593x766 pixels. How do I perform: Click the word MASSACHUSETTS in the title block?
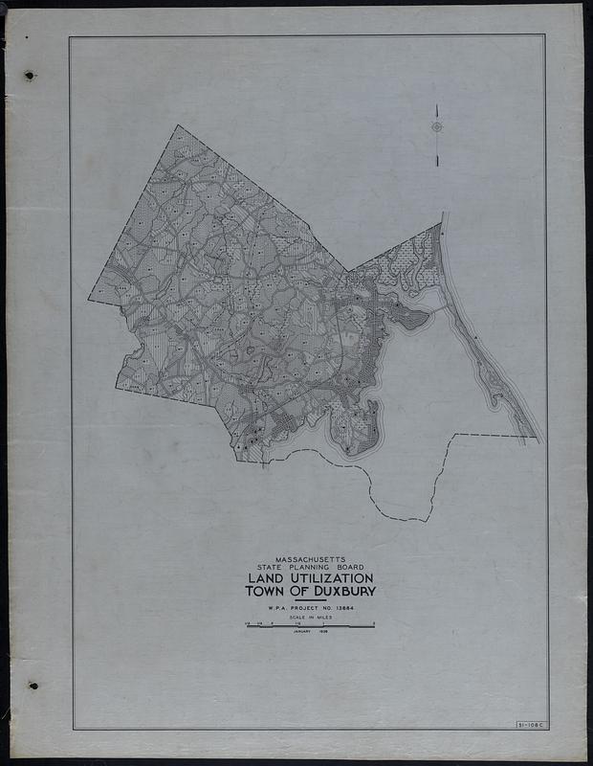[x=310, y=559]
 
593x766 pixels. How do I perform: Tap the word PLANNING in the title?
[x=307, y=568]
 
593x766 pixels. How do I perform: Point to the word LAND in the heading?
[x=269, y=579]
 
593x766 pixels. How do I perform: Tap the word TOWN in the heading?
[x=264, y=592]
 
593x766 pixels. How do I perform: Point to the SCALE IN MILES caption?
[x=310, y=619]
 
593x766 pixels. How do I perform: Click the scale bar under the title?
[x=310, y=626]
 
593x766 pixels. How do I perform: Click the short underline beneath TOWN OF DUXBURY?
[x=310, y=600]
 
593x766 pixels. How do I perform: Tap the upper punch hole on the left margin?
[x=30, y=75]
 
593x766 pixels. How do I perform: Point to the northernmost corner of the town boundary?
[x=178, y=125]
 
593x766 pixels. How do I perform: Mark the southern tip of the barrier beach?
[x=538, y=441]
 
